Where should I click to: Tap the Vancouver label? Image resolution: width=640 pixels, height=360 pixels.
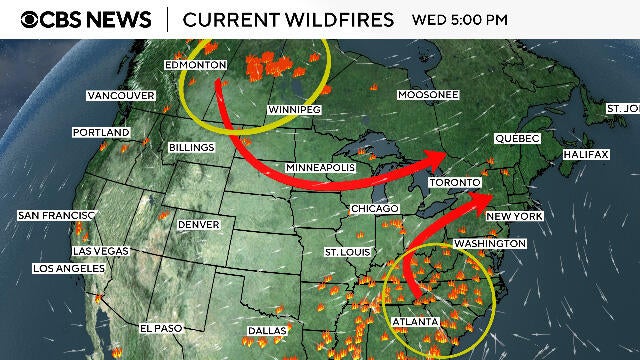point(121,95)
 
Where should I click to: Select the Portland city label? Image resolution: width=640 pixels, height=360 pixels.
point(100,132)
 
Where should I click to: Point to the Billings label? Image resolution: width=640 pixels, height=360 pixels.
point(191,148)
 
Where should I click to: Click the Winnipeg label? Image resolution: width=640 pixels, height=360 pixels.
point(294,109)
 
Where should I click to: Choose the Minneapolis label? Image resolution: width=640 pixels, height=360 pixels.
point(319,166)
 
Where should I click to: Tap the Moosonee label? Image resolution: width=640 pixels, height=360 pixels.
point(427,95)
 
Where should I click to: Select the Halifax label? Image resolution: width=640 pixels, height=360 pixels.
point(586,155)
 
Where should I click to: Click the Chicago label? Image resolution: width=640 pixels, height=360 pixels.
point(375,208)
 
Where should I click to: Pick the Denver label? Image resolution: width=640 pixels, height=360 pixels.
point(198,225)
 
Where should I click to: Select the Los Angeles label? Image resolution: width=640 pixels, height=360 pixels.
point(69,268)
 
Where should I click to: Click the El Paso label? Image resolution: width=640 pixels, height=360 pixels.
point(160,328)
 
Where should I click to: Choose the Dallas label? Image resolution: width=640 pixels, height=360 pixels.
point(267,330)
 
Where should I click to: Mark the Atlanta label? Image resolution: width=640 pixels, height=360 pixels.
point(414,321)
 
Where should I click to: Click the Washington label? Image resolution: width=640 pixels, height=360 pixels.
point(489,243)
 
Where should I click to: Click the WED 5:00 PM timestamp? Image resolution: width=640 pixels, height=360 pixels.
point(460,20)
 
